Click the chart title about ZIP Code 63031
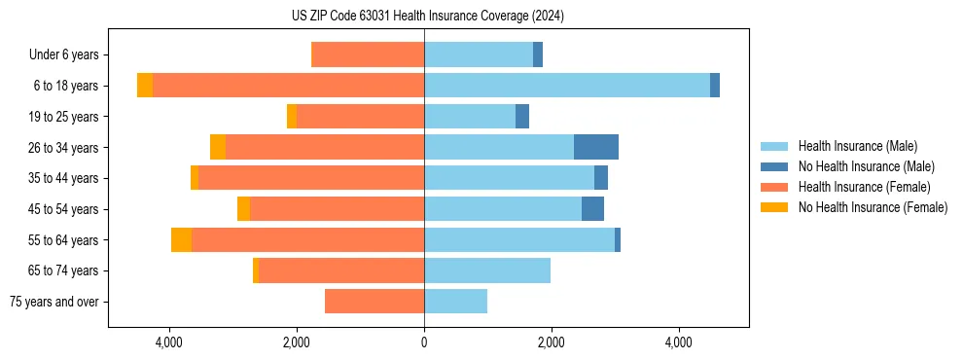click(427, 16)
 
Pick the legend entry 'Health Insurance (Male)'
click(857, 146)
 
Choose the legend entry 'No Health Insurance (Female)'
click(873, 207)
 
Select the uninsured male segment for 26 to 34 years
click(596, 147)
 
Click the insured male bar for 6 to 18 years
click(567, 86)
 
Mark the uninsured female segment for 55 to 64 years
click(181, 239)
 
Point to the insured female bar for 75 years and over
click(374, 302)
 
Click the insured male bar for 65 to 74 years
click(487, 270)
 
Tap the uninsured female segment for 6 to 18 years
click(145, 86)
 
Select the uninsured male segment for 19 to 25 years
click(522, 117)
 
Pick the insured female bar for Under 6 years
click(368, 55)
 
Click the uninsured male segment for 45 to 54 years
click(592, 209)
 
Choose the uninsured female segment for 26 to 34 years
click(218, 147)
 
